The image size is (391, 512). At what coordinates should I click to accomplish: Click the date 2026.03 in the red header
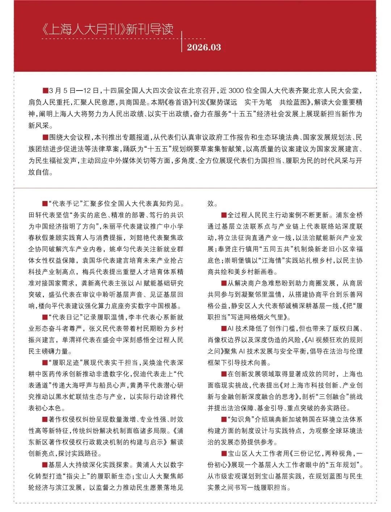pos(204,47)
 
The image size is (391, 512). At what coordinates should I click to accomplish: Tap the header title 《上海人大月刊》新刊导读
pos(108,29)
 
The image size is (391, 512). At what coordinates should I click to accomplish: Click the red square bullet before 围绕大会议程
pos(45,137)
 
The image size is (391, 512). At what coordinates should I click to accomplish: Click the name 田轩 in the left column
pos(35,215)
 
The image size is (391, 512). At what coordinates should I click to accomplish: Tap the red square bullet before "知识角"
pos(224,420)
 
